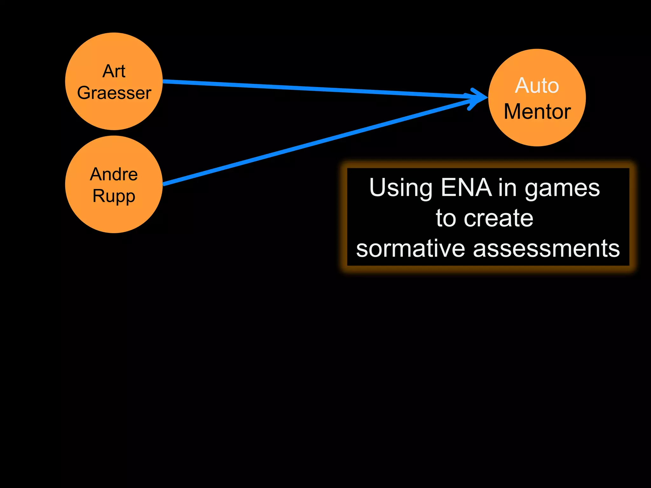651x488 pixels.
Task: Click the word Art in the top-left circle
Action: tap(114, 71)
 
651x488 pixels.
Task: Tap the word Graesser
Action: tap(114, 93)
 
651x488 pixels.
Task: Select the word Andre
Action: tap(114, 174)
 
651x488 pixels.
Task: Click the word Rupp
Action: tap(114, 196)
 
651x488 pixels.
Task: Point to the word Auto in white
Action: tap(537, 85)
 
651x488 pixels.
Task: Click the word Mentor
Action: tap(537, 112)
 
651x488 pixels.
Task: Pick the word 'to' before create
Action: tap(447, 218)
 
